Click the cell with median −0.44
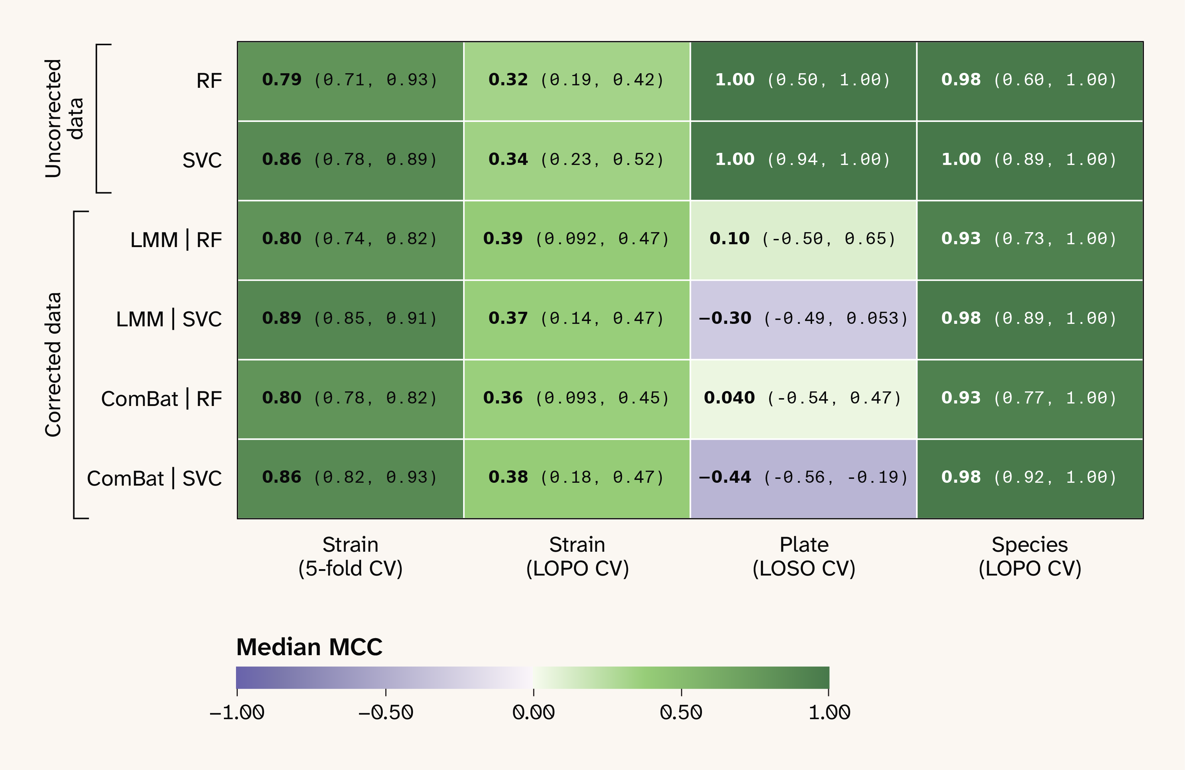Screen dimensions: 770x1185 (x=803, y=478)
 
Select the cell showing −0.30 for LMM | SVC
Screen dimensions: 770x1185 (x=803, y=319)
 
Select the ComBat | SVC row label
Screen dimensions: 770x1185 (x=154, y=478)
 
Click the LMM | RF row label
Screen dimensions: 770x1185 (x=176, y=240)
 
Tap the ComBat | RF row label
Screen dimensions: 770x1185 (x=161, y=399)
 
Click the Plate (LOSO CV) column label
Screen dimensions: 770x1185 (x=804, y=556)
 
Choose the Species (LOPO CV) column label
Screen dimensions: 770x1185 (x=1030, y=556)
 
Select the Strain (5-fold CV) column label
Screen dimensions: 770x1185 (x=350, y=556)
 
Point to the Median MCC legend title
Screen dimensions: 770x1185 (x=309, y=647)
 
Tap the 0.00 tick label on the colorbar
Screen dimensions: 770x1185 (x=533, y=712)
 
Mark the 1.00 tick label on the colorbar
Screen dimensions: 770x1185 (x=829, y=712)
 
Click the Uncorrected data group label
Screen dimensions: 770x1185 (x=64, y=118)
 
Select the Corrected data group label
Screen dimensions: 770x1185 (x=53, y=365)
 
